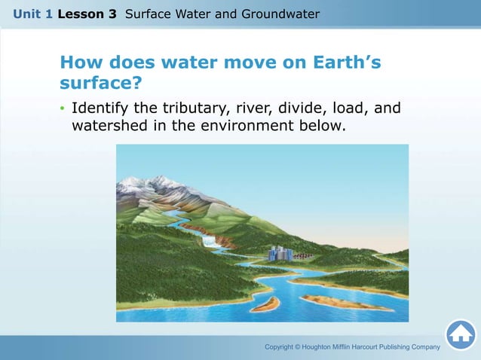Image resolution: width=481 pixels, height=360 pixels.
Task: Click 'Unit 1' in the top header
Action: coord(32,14)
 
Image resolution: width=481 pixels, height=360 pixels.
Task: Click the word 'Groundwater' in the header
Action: coord(280,14)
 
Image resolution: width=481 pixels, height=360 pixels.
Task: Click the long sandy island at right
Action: coord(343,303)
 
